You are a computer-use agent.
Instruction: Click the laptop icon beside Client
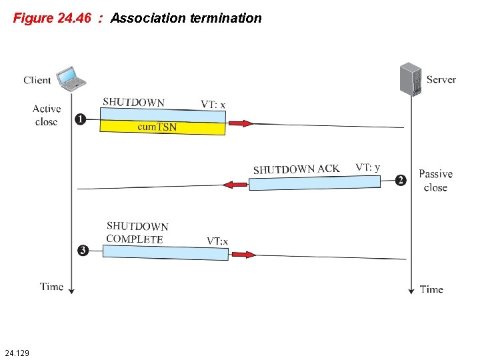point(71,77)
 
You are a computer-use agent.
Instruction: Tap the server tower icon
point(410,79)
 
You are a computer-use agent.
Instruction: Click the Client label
point(37,80)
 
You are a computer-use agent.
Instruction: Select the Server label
point(441,79)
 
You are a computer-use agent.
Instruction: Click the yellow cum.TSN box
point(162,127)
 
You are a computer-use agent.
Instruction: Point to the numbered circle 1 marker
point(79,119)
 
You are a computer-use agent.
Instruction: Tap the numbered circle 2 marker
point(401,180)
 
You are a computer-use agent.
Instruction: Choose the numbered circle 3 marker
point(83,251)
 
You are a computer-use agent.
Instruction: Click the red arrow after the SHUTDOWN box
point(240,123)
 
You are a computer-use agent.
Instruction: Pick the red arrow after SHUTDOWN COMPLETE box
point(243,254)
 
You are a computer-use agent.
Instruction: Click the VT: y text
point(368,167)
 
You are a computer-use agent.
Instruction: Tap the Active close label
point(47,115)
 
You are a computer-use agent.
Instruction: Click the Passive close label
point(435,181)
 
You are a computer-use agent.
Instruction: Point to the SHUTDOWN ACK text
point(296,169)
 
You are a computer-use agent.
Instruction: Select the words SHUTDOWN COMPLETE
point(137,233)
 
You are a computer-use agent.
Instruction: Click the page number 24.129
point(17,351)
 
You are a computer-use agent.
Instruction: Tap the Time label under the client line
point(52,287)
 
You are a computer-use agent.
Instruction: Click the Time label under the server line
point(431,289)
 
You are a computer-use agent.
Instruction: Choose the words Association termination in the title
point(186,18)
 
